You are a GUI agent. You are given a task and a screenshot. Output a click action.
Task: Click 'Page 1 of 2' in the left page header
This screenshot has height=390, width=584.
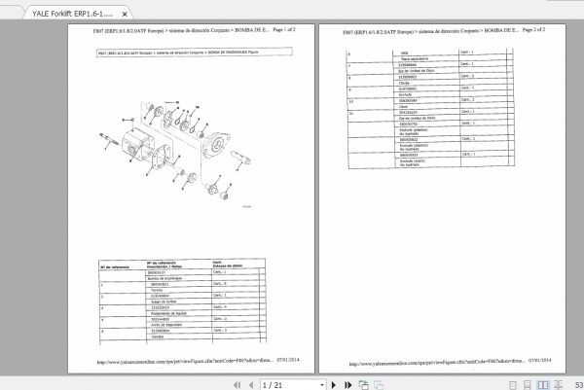pyautogui.click(x=278, y=31)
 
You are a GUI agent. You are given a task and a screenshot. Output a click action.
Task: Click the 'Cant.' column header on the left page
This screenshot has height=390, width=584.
pyautogui.click(x=220, y=264)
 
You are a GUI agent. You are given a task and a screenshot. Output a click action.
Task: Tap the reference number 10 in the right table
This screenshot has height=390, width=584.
pyautogui.click(x=351, y=99)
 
